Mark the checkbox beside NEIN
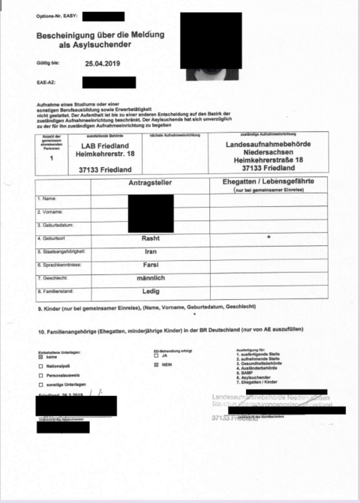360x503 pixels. pos(155,365)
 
